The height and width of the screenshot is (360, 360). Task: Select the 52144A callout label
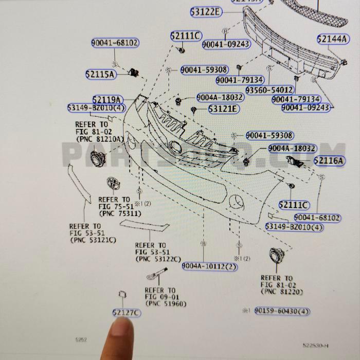(x=332, y=39)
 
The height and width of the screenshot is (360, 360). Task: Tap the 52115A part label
(x=101, y=74)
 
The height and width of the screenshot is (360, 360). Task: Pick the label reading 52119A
(x=107, y=99)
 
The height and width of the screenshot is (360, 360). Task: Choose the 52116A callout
(x=329, y=161)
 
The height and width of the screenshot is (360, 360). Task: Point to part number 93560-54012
(x=269, y=89)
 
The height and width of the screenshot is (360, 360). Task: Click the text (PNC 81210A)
(x=99, y=139)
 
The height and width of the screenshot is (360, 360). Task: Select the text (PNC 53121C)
(x=93, y=240)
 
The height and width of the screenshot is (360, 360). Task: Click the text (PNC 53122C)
(x=158, y=259)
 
